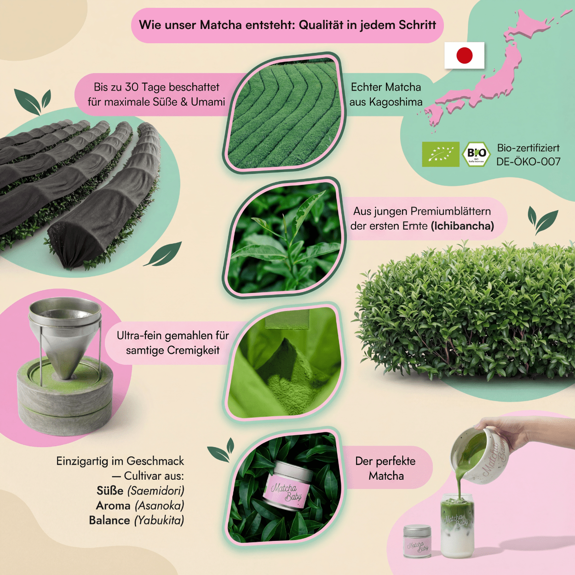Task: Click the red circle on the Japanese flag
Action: (465, 56)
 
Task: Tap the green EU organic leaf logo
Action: (441, 154)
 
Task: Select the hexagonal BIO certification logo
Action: (476, 154)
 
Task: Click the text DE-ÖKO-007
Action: (528, 162)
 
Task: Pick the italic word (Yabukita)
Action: (159, 520)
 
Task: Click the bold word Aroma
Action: (113, 506)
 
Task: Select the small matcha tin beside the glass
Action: (417, 541)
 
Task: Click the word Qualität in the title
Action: (321, 25)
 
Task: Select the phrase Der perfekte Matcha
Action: (385, 468)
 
